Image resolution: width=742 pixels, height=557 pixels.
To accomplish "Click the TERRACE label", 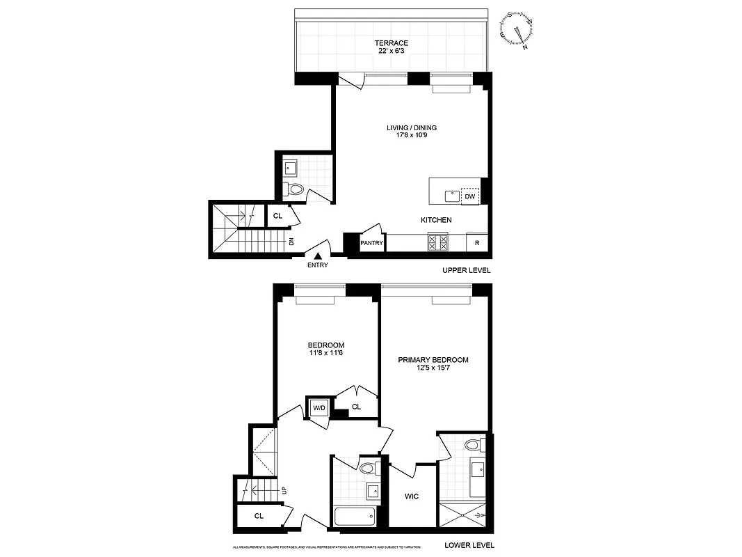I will pyautogui.click(x=392, y=43).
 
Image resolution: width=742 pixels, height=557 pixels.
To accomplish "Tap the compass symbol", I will pyautogui.click(x=518, y=30).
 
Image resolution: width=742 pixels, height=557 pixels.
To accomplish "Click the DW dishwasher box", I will pyautogui.click(x=470, y=197).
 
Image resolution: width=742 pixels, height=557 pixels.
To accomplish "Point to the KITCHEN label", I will pyautogui.click(x=436, y=220).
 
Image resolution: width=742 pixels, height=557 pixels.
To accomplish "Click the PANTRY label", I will pyautogui.click(x=371, y=243).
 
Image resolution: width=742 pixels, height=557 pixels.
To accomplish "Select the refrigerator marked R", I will pyautogui.click(x=477, y=243).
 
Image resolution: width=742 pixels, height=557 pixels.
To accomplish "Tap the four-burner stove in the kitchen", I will pyautogui.click(x=437, y=242).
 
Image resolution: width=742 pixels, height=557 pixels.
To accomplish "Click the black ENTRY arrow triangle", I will pyautogui.click(x=318, y=257).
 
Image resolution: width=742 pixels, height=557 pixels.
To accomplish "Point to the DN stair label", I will pyautogui.click(x=292, y=242).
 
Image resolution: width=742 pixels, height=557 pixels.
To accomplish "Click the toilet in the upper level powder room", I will pyautogui.click(x=296, y=189).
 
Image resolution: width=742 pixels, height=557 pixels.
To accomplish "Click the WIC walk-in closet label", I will pyautogui.click(x=412, y=497).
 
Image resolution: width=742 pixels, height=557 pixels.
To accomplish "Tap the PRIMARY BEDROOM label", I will pyautogui.click(x=433, y=360).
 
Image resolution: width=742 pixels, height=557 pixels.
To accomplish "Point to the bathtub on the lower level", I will pyautogui.click(x=355, y=517).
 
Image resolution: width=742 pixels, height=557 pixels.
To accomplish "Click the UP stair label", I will pyautogui.click(x=284, y=490).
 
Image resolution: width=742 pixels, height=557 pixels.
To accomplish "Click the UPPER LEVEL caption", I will pyautogui.click(x=466, y=270).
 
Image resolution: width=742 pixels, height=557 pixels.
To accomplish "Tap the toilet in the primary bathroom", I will pyautogui.click(x=474, y=445).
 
